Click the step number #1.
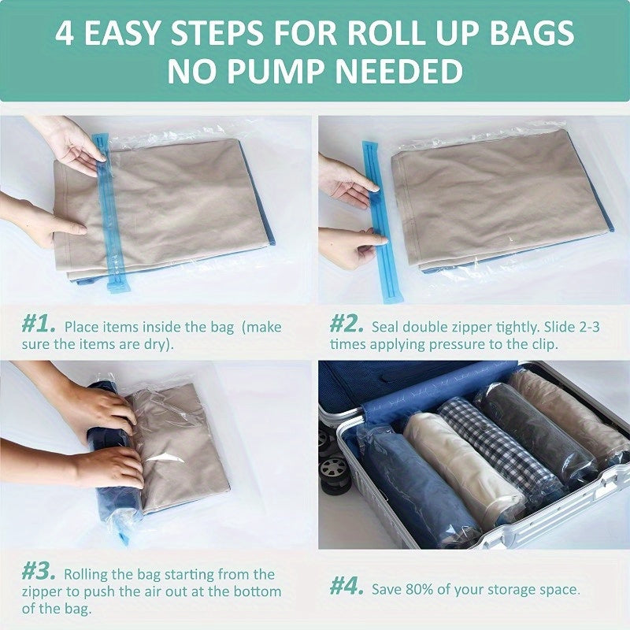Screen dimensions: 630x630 coord(39,325)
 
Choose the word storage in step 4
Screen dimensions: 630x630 coord(517,590)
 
